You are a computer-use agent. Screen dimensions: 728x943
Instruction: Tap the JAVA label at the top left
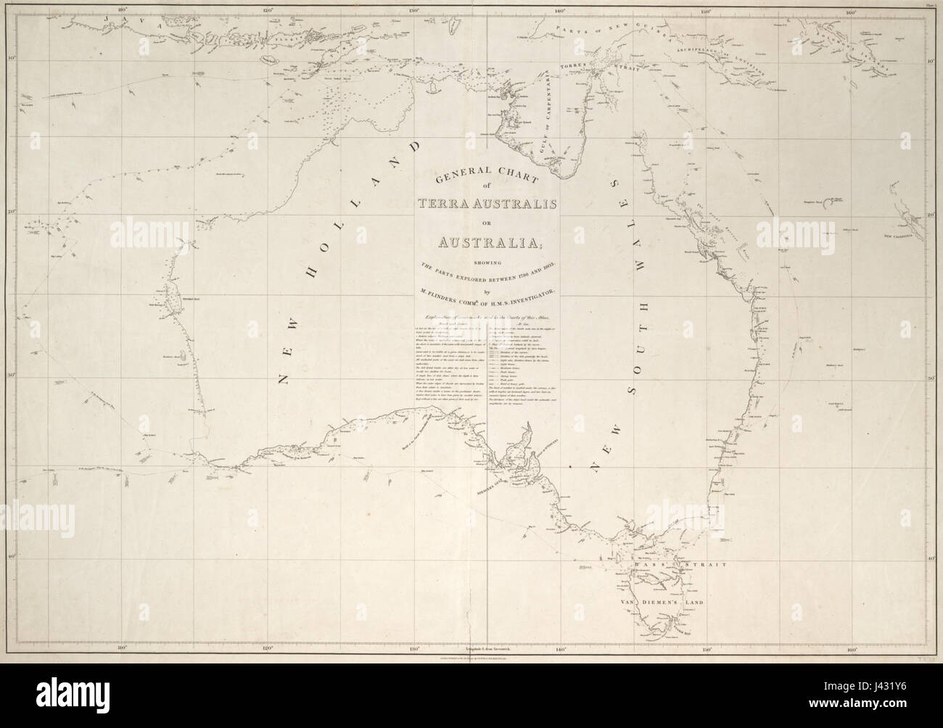136,22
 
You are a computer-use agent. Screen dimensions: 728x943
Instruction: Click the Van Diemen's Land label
657,602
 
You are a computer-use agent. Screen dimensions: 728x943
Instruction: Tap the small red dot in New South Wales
571,463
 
